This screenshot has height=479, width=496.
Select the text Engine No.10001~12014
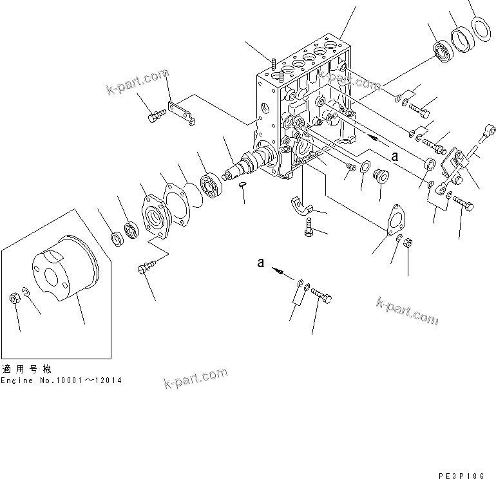(x=61, y=380)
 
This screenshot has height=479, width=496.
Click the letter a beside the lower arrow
(x=260, y=262)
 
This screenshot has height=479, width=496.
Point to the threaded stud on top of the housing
(x=274, y=65)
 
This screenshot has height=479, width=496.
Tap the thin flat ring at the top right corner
(x=479, y=28)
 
